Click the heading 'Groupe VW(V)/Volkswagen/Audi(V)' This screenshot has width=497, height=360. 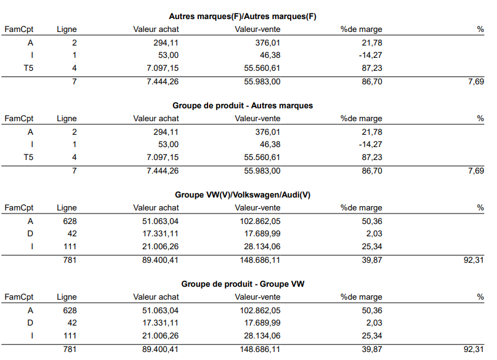pyautogui.click(x=243, y=194)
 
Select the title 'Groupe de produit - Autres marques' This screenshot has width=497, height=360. pyautogui.click(x=243, y=105)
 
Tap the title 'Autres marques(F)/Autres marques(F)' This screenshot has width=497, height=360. pyautogui.click(x=243, y=17)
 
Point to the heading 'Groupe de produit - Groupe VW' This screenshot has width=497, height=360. pyautogui.click(x=243, y=284)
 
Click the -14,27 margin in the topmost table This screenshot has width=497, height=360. pyautogui.click(x=370, y=55)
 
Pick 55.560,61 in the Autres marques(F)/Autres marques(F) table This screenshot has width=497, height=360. pyautogui.click(x=262, y=68)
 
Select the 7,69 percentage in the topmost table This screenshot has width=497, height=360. pyautogui.click(x=476, y=82)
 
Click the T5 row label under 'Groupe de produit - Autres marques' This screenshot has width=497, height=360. pyautogui.click(x=28, y=158)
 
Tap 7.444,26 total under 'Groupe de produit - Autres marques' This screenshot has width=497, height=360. pyautogui.click(x=163, y=171)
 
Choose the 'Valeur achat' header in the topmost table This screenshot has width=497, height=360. pyautogui.click(x=156, y=30)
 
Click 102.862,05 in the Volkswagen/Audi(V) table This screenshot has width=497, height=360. pyautogui.click(x=260, y=222)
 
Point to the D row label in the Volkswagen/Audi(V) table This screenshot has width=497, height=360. pyautogui.click(x=30, y=234)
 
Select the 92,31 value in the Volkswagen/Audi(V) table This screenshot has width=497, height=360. pyautogui.click(x=474, y=260)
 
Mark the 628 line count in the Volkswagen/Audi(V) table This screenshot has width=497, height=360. pyautogui.click(x=70, y=222)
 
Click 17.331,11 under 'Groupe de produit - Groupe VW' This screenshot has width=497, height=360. pyautogui.click(x=160, y=323)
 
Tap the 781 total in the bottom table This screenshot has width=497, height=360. pyautogui.click(x=70, y=350)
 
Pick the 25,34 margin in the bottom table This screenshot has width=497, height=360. pyautogui.click(x=372, y=336)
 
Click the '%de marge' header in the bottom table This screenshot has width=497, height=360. pyautogui.click(x=362, y=297)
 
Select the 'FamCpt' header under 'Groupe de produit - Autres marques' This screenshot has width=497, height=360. pyautogui.click(x=18, y=119)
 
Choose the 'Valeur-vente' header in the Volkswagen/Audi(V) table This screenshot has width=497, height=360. pyautogui.click(x=257, y=208)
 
